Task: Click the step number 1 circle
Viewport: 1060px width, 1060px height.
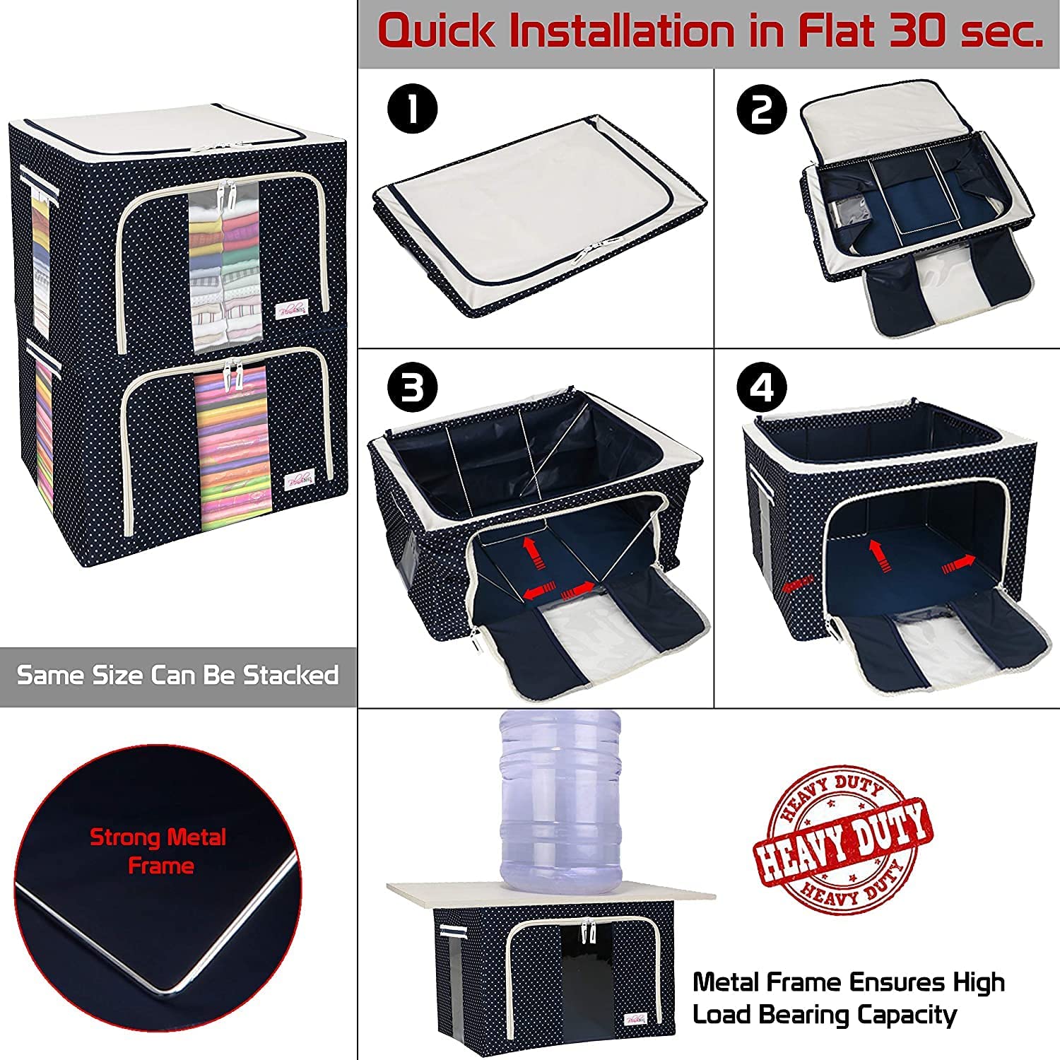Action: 413,110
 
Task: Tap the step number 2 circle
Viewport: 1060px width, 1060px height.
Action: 762,110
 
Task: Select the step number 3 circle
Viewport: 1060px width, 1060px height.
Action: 413,388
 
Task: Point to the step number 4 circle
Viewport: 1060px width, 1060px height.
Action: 762,388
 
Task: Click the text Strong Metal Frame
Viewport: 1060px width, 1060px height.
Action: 158,851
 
